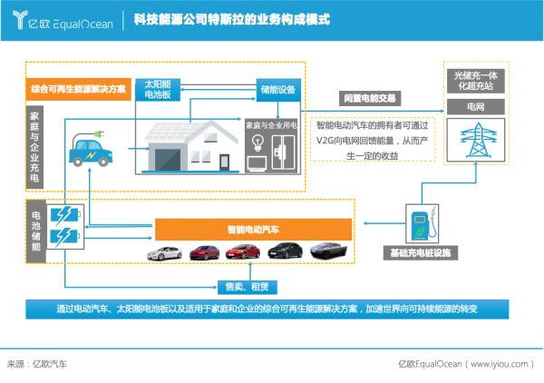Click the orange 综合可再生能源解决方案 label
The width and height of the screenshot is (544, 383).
coord(77,90)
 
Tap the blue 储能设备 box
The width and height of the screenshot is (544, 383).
coord(277,90)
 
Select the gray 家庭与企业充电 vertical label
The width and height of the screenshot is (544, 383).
coord(34,145)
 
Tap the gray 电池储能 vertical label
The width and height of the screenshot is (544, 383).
coord(35,234)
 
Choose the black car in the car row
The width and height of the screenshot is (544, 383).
coord(285,251)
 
